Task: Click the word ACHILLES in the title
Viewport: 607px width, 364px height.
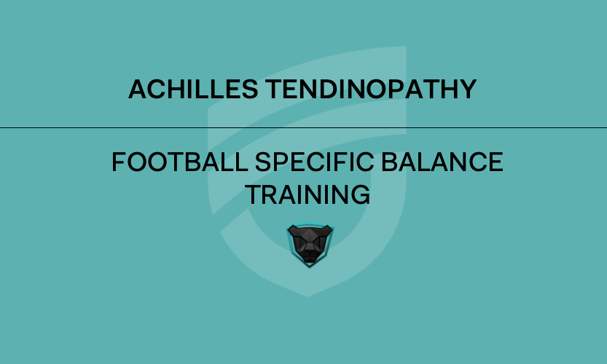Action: point(193,90)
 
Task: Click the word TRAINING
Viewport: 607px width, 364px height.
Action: point(307,194)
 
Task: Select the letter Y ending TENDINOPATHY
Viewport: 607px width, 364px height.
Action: point(468,90)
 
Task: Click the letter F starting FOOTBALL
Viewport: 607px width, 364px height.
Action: point(119,162)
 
